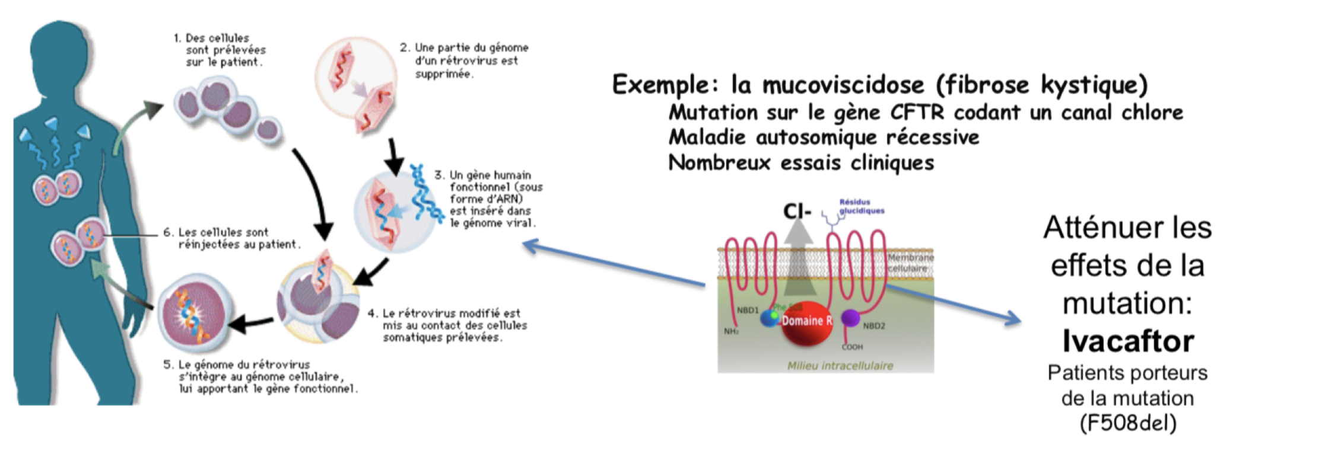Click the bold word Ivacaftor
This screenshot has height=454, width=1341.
point(1127,341)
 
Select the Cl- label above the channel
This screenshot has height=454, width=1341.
point(796,212)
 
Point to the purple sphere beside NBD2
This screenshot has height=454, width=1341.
point(850,318)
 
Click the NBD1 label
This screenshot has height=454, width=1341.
point(748,310)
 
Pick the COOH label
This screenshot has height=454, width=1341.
point(852,347)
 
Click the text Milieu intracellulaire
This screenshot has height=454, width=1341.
point(840,366)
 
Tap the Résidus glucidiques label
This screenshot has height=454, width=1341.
point(861,206)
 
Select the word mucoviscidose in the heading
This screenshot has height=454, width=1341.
point(843,85)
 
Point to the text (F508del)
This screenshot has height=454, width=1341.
point(1127,423)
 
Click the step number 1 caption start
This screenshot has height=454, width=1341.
point(177,39)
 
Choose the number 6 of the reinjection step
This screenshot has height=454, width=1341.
point(167,232)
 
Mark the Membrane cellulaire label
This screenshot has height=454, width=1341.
point(910,263)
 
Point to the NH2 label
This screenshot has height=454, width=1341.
point(731,331)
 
